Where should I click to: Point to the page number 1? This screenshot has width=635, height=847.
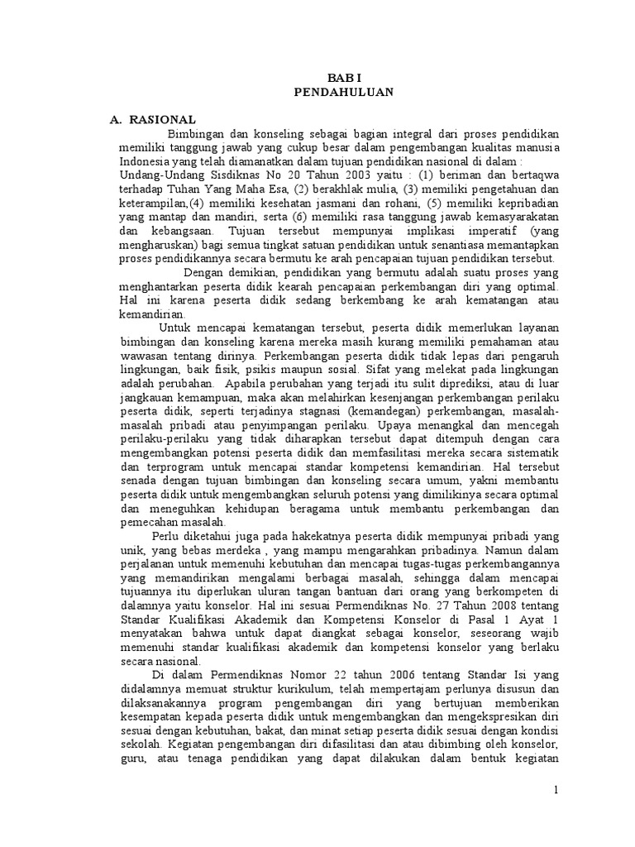pyautogui.click(x=557, y=791)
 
